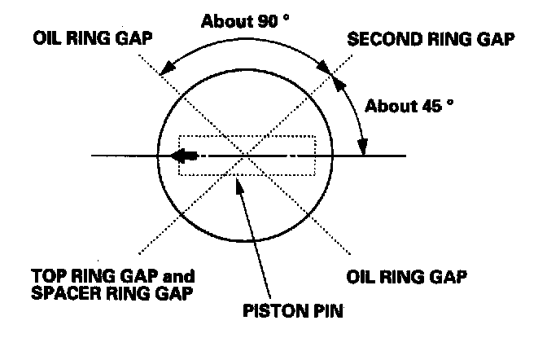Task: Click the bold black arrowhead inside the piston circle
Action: click(187, 155)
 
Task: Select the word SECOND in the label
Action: click(377, 38)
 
